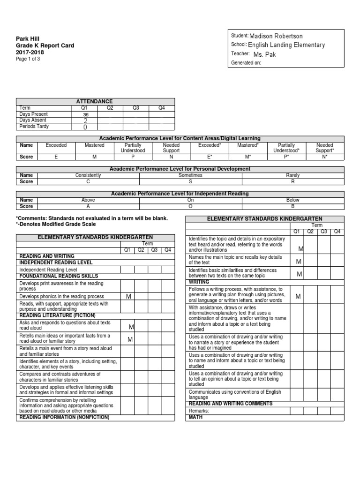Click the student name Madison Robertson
click(276, 36)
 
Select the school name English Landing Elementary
click(286, 45)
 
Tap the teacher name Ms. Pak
click(264, 54)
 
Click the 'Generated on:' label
click(246, 63)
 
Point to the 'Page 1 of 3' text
click(28, 59)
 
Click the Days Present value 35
click(85, 114)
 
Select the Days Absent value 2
click(85, 120)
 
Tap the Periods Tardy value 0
click(85, 127)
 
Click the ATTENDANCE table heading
click(95, 101)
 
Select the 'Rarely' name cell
click(292, 175)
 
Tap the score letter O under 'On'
click(190, 206)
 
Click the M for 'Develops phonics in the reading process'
click(128, 297)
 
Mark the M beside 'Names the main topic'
click(299, 262)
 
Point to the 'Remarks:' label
click(199, 411)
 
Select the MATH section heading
click(195, 417)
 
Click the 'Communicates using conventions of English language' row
click(235, 394)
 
